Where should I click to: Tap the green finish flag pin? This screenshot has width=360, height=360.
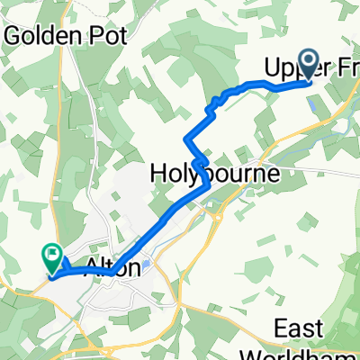pos(51,259)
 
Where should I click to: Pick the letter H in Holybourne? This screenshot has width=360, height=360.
pos(157,168)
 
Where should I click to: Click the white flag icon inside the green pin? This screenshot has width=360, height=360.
pos(51,256)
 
